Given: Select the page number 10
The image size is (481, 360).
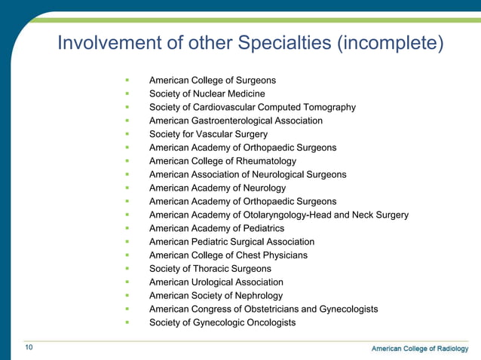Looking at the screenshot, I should coord(29,347).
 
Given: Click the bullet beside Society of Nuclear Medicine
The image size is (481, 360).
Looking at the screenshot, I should coord(128,94).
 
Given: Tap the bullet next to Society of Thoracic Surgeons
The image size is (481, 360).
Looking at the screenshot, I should coord(128,269).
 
